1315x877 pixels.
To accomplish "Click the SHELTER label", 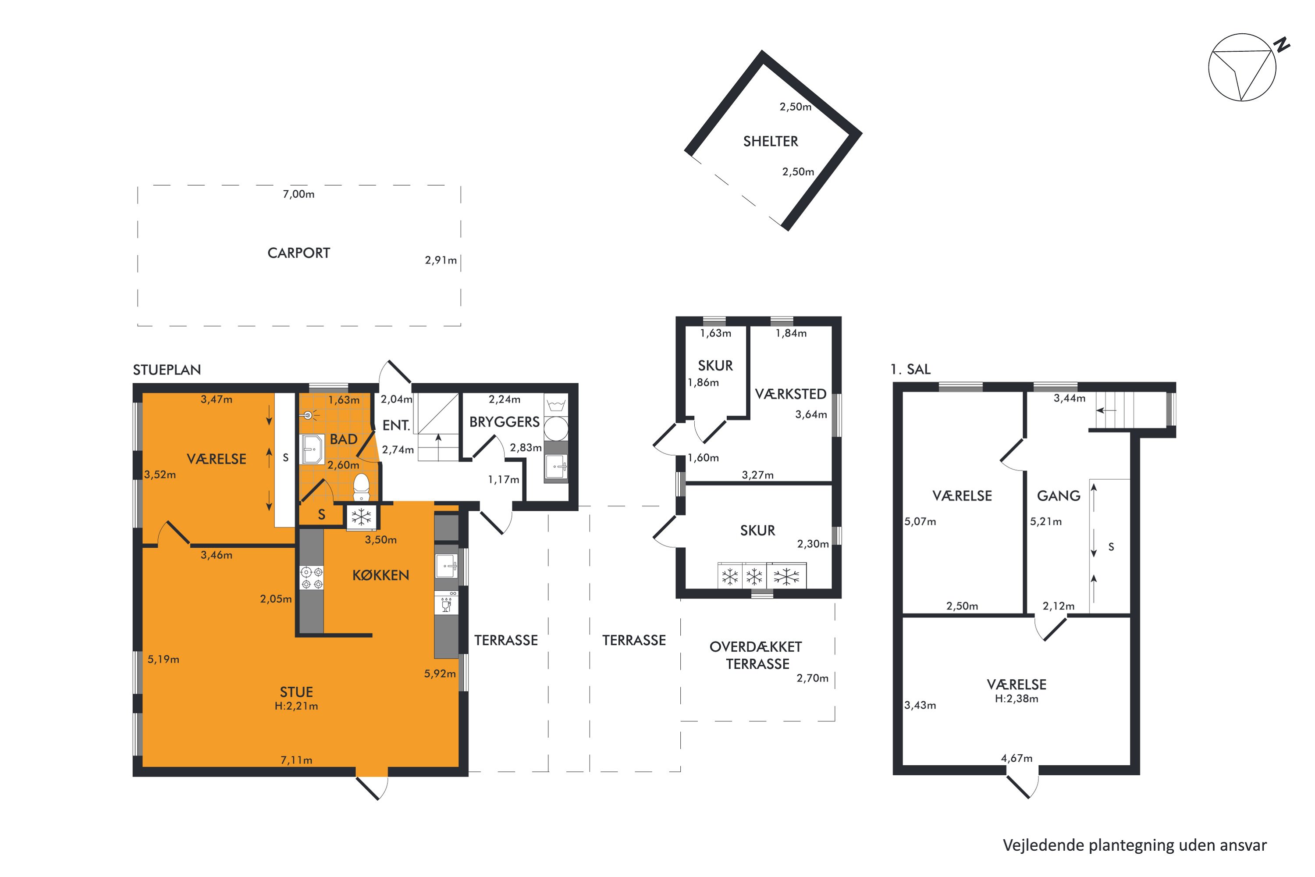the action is pyautogui.click(x=771, y=142).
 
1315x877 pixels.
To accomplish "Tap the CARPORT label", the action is pyautogui.click(x=299, y=253).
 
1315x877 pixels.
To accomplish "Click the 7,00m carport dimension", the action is pyautogui.click(x=299, y=194).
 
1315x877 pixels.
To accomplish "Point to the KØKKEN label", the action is pyautogui.click(x=381, y=575).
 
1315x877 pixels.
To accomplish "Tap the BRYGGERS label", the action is pyautogui.click(x=505, y=422).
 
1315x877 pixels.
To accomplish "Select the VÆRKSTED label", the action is pyautogui.click(x=791, y=394).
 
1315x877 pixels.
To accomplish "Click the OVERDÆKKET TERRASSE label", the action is pyautogui.click(x=757, y=655).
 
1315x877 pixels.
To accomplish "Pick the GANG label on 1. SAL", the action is pyautogui.click(x=1059, y=496).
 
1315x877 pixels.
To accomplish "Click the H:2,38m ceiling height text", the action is pyautogui.click(x=1016, y=699).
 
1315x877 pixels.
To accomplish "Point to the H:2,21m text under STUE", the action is pyautogui.click(x=296, y=706).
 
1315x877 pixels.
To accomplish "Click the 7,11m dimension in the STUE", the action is pyautogui.click(x=296, y=760).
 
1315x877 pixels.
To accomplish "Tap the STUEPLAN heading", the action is pyautogui.click(x=167, y=370).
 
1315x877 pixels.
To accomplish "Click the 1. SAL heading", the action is pyautogui.click(x=911, y=369).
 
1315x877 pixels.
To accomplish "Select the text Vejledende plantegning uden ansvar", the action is pyautogui.click(x=1135, y=845).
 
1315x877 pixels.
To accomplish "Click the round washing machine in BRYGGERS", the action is pyautogui.click(x=556, y=428).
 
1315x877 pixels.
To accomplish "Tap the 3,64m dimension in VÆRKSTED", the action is pyautogui.click(x=810, y=414).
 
